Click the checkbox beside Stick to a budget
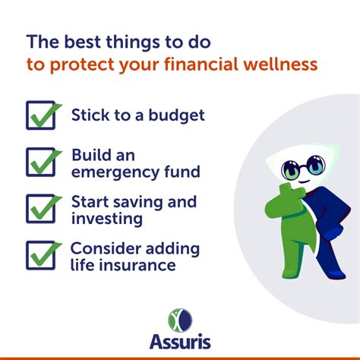coord(43,115)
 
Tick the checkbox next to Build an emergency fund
coord(43,161)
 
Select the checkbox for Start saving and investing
coord(43,208)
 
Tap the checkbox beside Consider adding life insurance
coord(43,255)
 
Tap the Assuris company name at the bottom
coord(180,343)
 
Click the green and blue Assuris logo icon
coord(180,318)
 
